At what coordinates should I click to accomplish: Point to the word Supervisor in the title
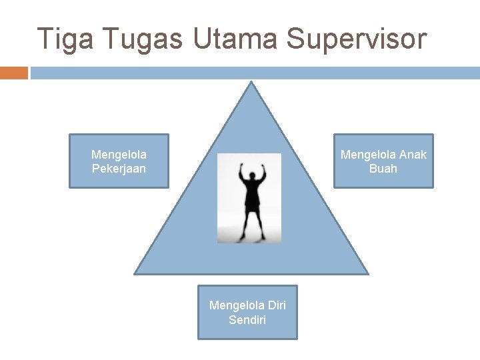pos(356,39)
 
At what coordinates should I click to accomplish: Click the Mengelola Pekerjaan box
pos(119,161)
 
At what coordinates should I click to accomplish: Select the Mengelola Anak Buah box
pos(383,161)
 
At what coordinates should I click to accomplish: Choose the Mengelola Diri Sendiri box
pos(247,313)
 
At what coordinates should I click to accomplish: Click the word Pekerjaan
pos(119,169)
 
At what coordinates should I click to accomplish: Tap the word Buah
pos(383,169)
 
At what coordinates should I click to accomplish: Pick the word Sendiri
pos(247,320)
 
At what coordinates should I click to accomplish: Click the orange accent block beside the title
pos(13,73)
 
